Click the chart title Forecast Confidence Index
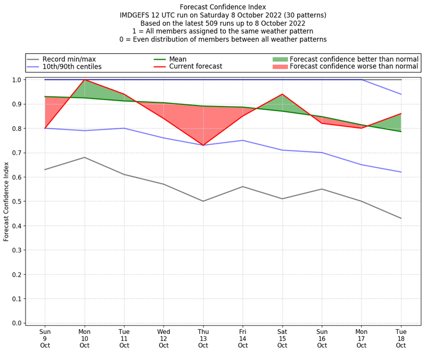pyautogui.click(x=223, y=7)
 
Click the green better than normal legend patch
pyautogui.click(x=280, y=59)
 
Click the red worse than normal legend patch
pyautogui.click(x=280, y=67)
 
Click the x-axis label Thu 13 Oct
pyautogui.click(x=203, y=338)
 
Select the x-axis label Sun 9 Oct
pyautogui.click(x=45, y=338)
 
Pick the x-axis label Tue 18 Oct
pyautogui.click(x=400, y=338)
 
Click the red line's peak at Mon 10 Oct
pyautogui.click(x=84, y=80)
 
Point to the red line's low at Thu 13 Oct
pyautogui.click(x=203, y=145)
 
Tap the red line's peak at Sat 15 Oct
pyautogui.click(x=282, y=94)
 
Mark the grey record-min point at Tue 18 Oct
pyautogui.click(x=400, y=218)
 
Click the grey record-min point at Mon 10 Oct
pyautogui.click(x=84, y=158)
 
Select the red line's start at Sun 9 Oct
pyautogui.click(x=45, y=128)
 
